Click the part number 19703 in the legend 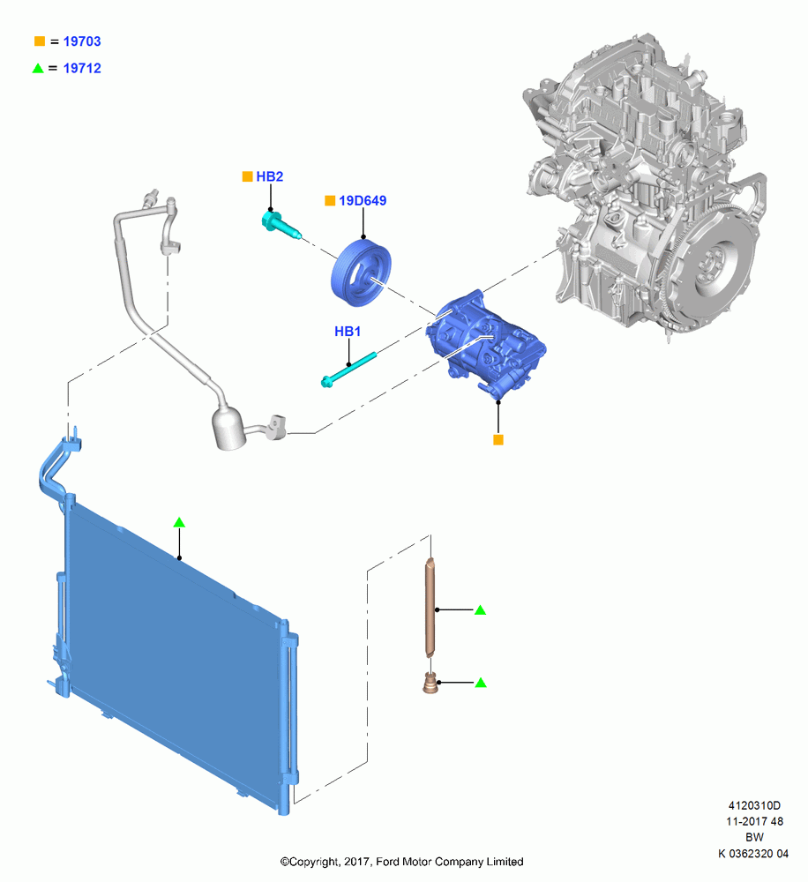click(x=82, y=41)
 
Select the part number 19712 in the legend click(x=82, y=68)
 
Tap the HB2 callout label click(x=270, y=176)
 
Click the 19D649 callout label click(x=363, y=201)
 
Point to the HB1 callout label click(x=348, y=332)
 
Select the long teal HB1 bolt click(x=348, y=370)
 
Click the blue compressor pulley click(x=361, y=273)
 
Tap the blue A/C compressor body click(x=485, y=344)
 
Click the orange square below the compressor click(x=498, y=440)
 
